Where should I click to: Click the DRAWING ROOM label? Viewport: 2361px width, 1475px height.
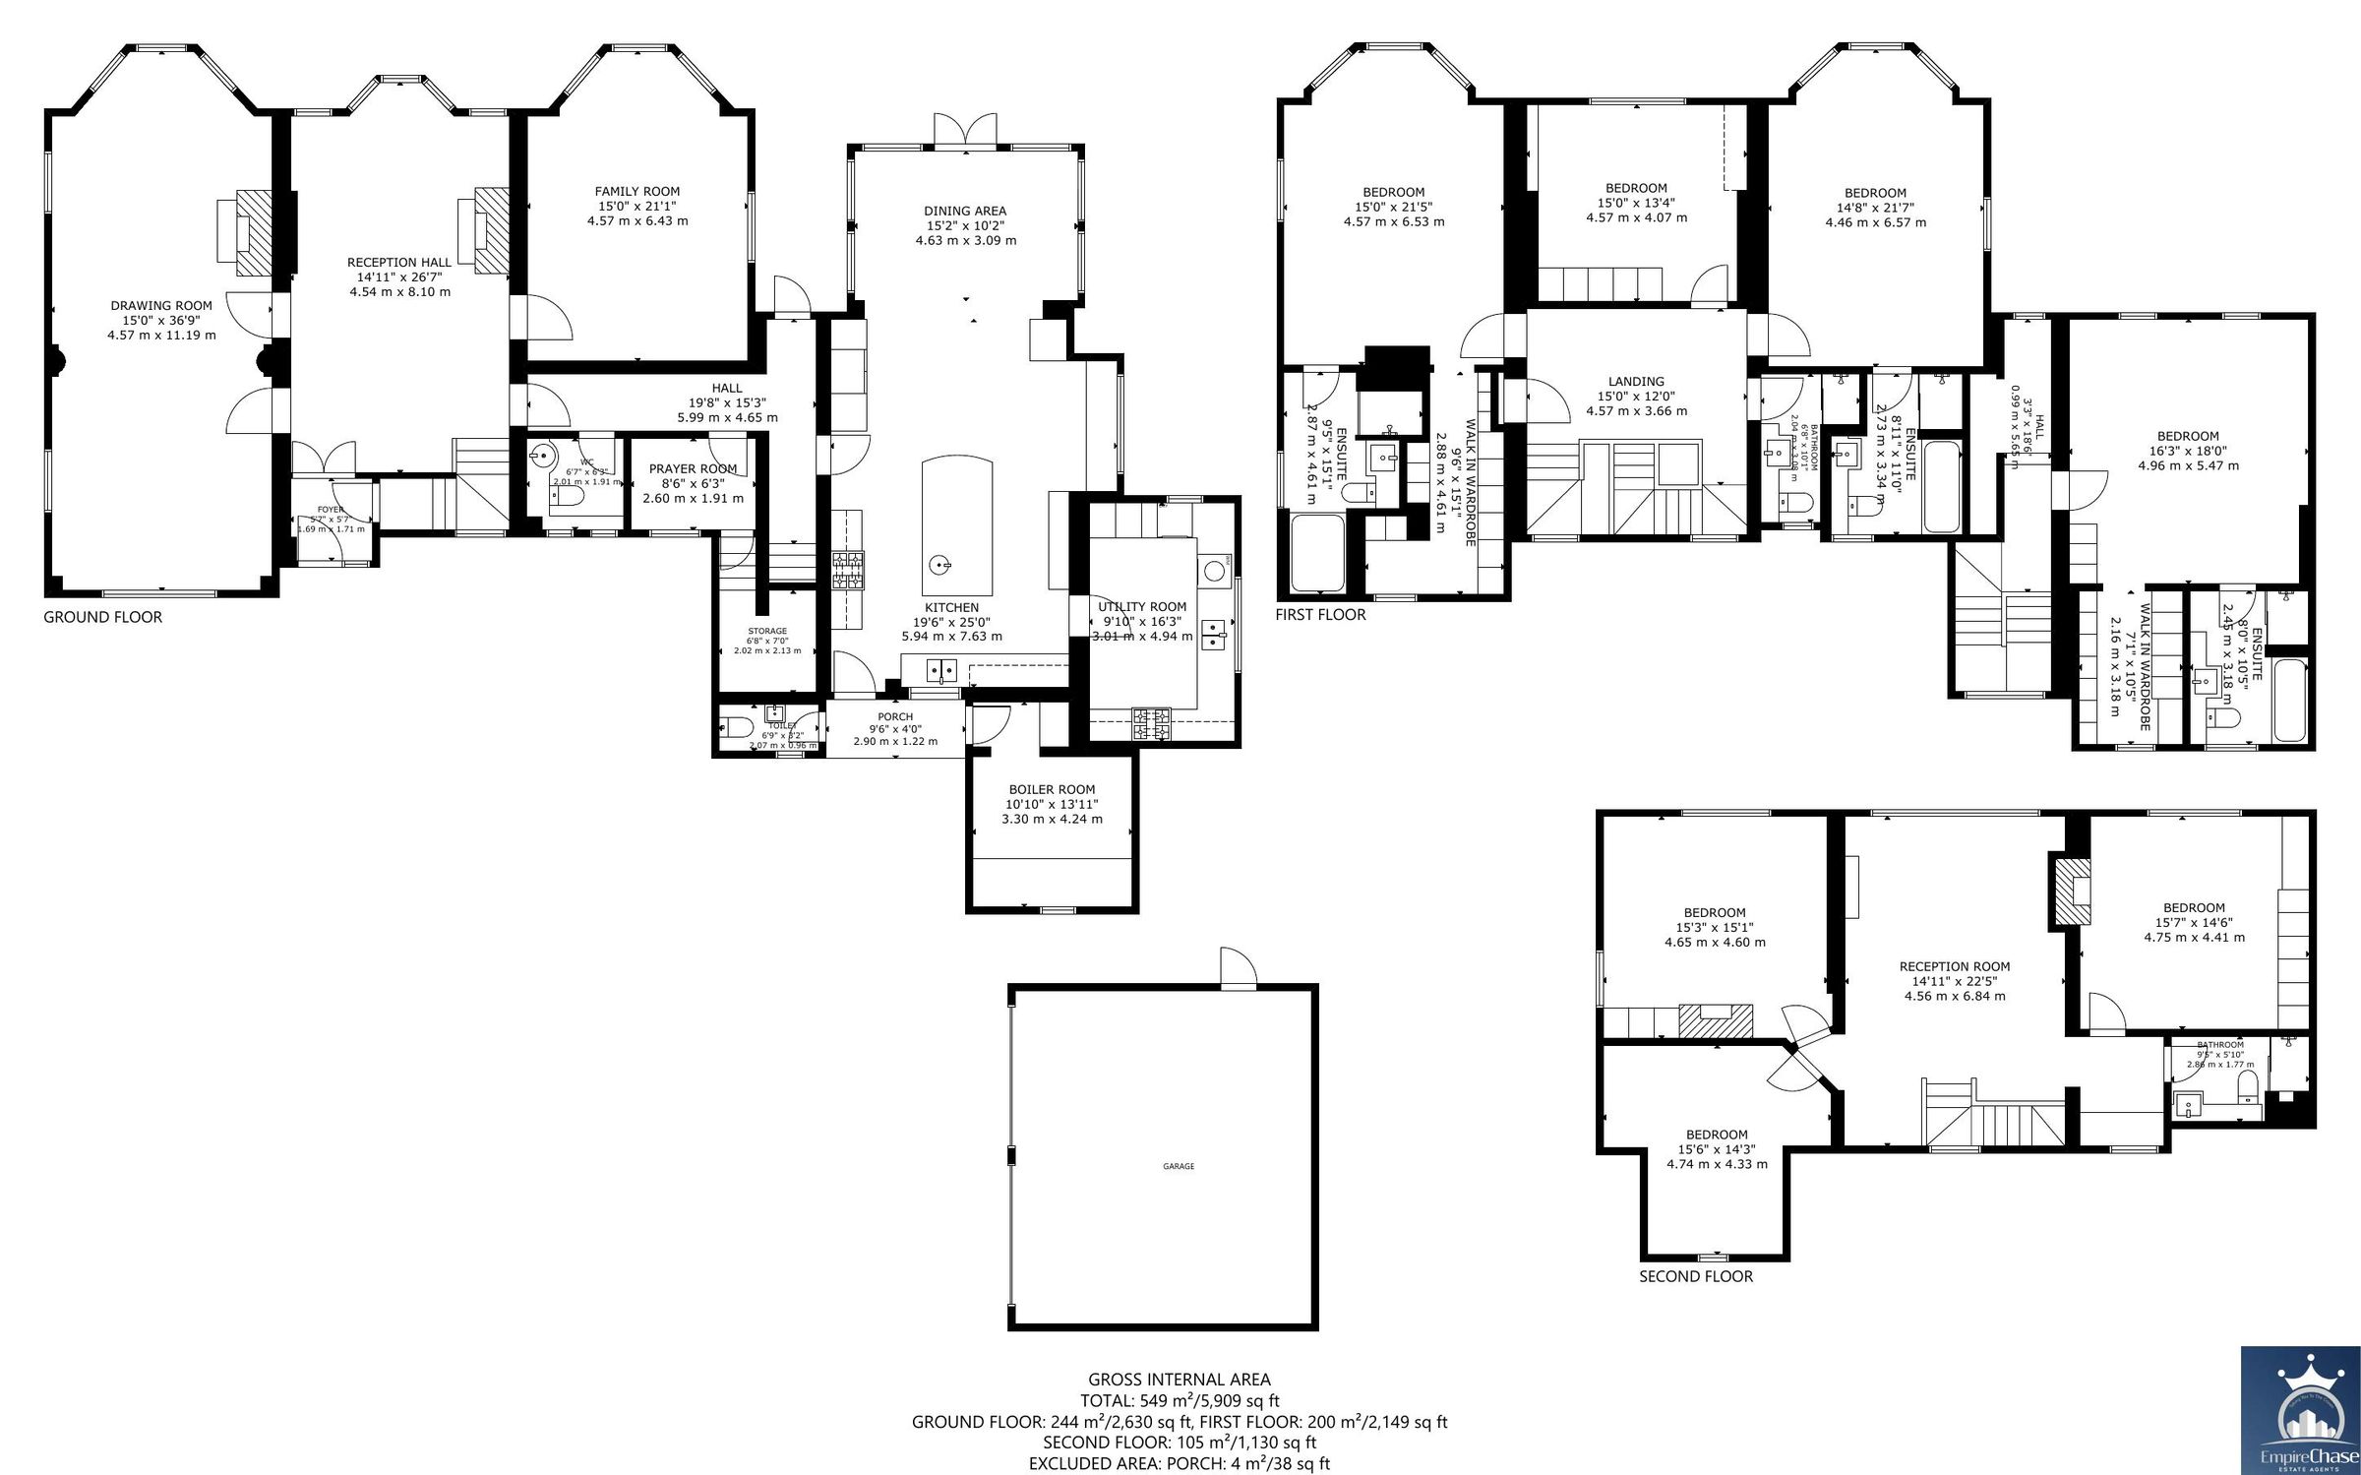[161, 305]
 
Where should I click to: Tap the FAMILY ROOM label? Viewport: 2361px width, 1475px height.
[636, 192]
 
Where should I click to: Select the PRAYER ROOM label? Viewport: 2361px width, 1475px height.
[693, 469]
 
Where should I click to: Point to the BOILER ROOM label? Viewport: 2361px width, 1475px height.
[1052, 789]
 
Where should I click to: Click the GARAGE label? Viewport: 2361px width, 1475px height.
[1179, 1166]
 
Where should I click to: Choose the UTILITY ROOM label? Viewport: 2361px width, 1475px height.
[1142, 607]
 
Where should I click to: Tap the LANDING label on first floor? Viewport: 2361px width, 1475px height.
[1636, 382]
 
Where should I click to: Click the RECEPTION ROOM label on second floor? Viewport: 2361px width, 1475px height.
[1954, 966]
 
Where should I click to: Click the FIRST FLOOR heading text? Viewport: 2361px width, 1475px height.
[1320, 615]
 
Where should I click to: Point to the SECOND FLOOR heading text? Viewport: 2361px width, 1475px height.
[1695, 1276]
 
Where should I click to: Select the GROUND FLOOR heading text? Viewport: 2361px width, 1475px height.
[102, 617]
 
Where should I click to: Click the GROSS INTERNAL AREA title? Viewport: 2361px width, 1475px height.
[1179, 1380]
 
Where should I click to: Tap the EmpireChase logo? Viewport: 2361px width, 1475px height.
[2300, 1410]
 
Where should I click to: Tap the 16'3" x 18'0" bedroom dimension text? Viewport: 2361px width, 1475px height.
[2188, 452]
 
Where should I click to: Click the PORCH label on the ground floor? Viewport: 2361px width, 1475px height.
[895, 716]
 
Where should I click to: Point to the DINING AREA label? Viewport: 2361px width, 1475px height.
[964, 211]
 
